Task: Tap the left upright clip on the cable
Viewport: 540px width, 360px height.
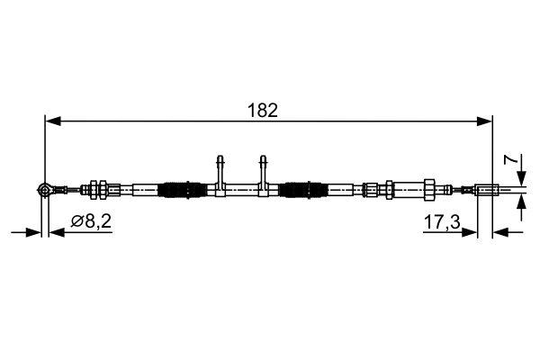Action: tap(219, 169)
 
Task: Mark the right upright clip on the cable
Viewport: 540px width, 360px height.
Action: tap(262, 169)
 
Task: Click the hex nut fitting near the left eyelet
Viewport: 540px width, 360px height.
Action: tap(102, 189)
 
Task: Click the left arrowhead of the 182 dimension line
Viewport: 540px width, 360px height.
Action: tap(51, 119)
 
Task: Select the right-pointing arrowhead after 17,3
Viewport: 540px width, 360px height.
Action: tap(469, 232)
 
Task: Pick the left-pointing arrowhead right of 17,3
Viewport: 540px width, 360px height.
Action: tap(500, 232)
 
